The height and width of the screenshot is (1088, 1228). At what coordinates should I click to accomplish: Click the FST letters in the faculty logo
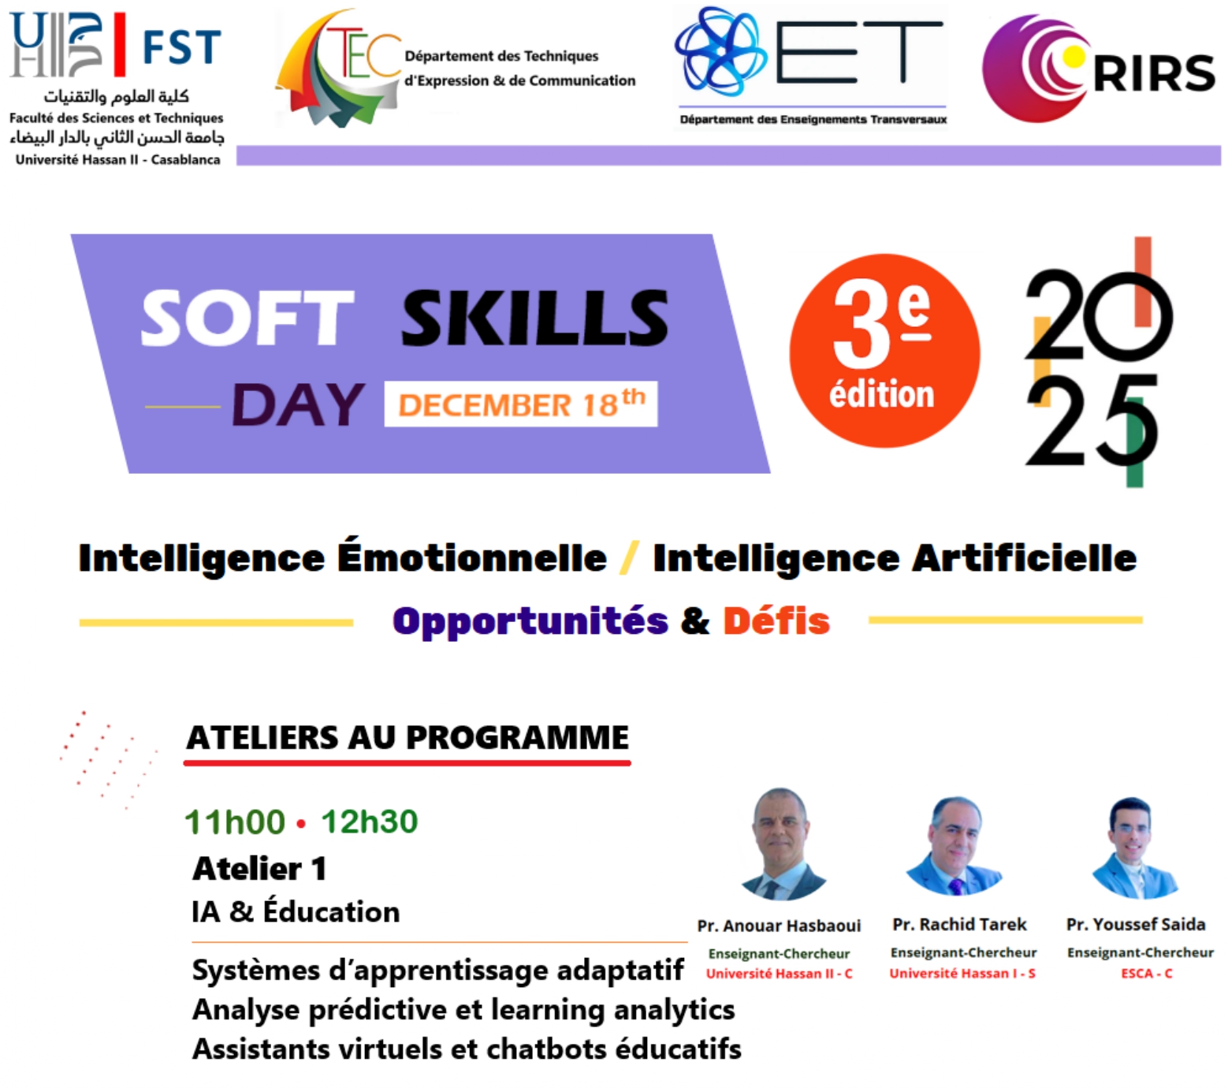[182, 47]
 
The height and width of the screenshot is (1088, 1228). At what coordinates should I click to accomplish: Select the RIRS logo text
[1154, 73]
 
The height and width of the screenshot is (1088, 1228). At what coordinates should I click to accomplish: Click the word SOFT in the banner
[247, 318]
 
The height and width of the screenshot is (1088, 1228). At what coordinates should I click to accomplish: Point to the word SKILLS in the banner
[535, 318]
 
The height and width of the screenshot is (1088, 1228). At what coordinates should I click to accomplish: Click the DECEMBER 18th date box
[521, 404]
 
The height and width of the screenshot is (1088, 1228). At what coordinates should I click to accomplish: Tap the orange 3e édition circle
[884, 351]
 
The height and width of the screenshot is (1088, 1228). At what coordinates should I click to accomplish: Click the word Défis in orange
[776, 620]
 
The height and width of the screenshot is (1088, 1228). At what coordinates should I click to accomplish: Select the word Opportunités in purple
[530, 622]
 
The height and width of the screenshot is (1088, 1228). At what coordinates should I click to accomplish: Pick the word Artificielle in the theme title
[1024, 558]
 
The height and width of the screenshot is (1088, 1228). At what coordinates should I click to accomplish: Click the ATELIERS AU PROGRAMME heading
[407, 738]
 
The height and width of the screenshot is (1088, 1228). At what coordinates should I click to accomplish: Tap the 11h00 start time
[235, 822]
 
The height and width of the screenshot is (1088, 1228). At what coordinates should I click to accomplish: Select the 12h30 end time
[370, 822]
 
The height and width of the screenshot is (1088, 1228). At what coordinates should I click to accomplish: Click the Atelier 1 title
[259, 869]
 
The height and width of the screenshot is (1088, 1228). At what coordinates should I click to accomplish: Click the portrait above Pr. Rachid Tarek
[954, 846]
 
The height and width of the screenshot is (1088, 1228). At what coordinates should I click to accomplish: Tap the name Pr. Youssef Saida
[1136, 924]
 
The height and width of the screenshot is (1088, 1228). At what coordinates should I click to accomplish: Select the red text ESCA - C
[1147, 974]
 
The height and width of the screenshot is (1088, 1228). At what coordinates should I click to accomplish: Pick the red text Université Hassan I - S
[962, 974]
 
